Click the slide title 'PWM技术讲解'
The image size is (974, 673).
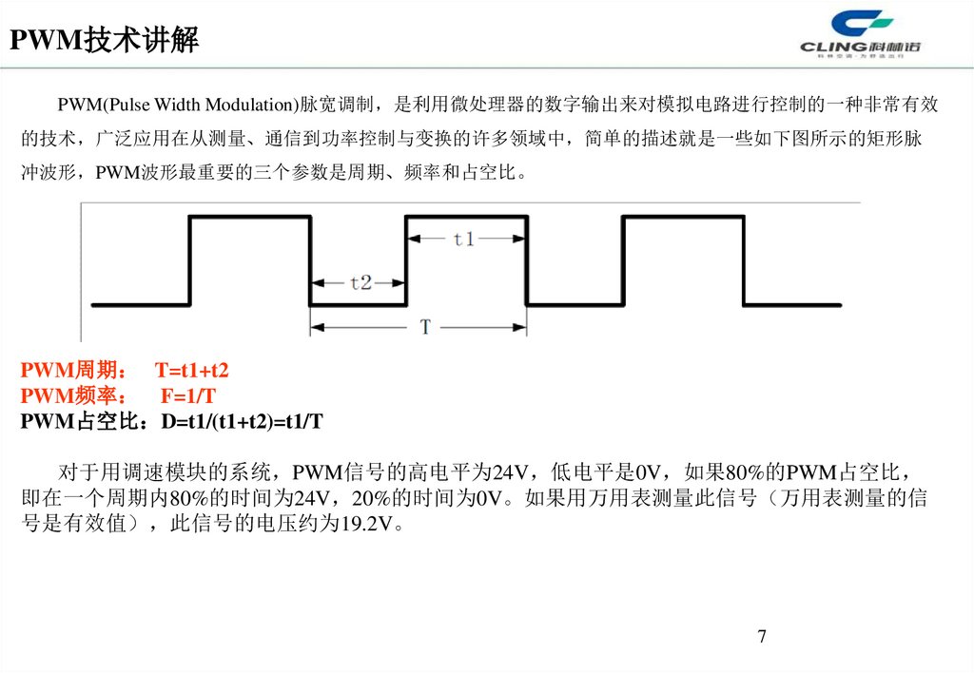104,41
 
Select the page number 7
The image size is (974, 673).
762,636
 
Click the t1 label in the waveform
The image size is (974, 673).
464,240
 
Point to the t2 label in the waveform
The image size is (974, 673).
360,282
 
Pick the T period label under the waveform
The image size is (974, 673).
424,327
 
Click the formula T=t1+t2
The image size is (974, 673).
192,370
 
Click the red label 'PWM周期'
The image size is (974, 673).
70,370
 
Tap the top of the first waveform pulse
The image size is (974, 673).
250,218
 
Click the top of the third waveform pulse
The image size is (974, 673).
682,218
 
